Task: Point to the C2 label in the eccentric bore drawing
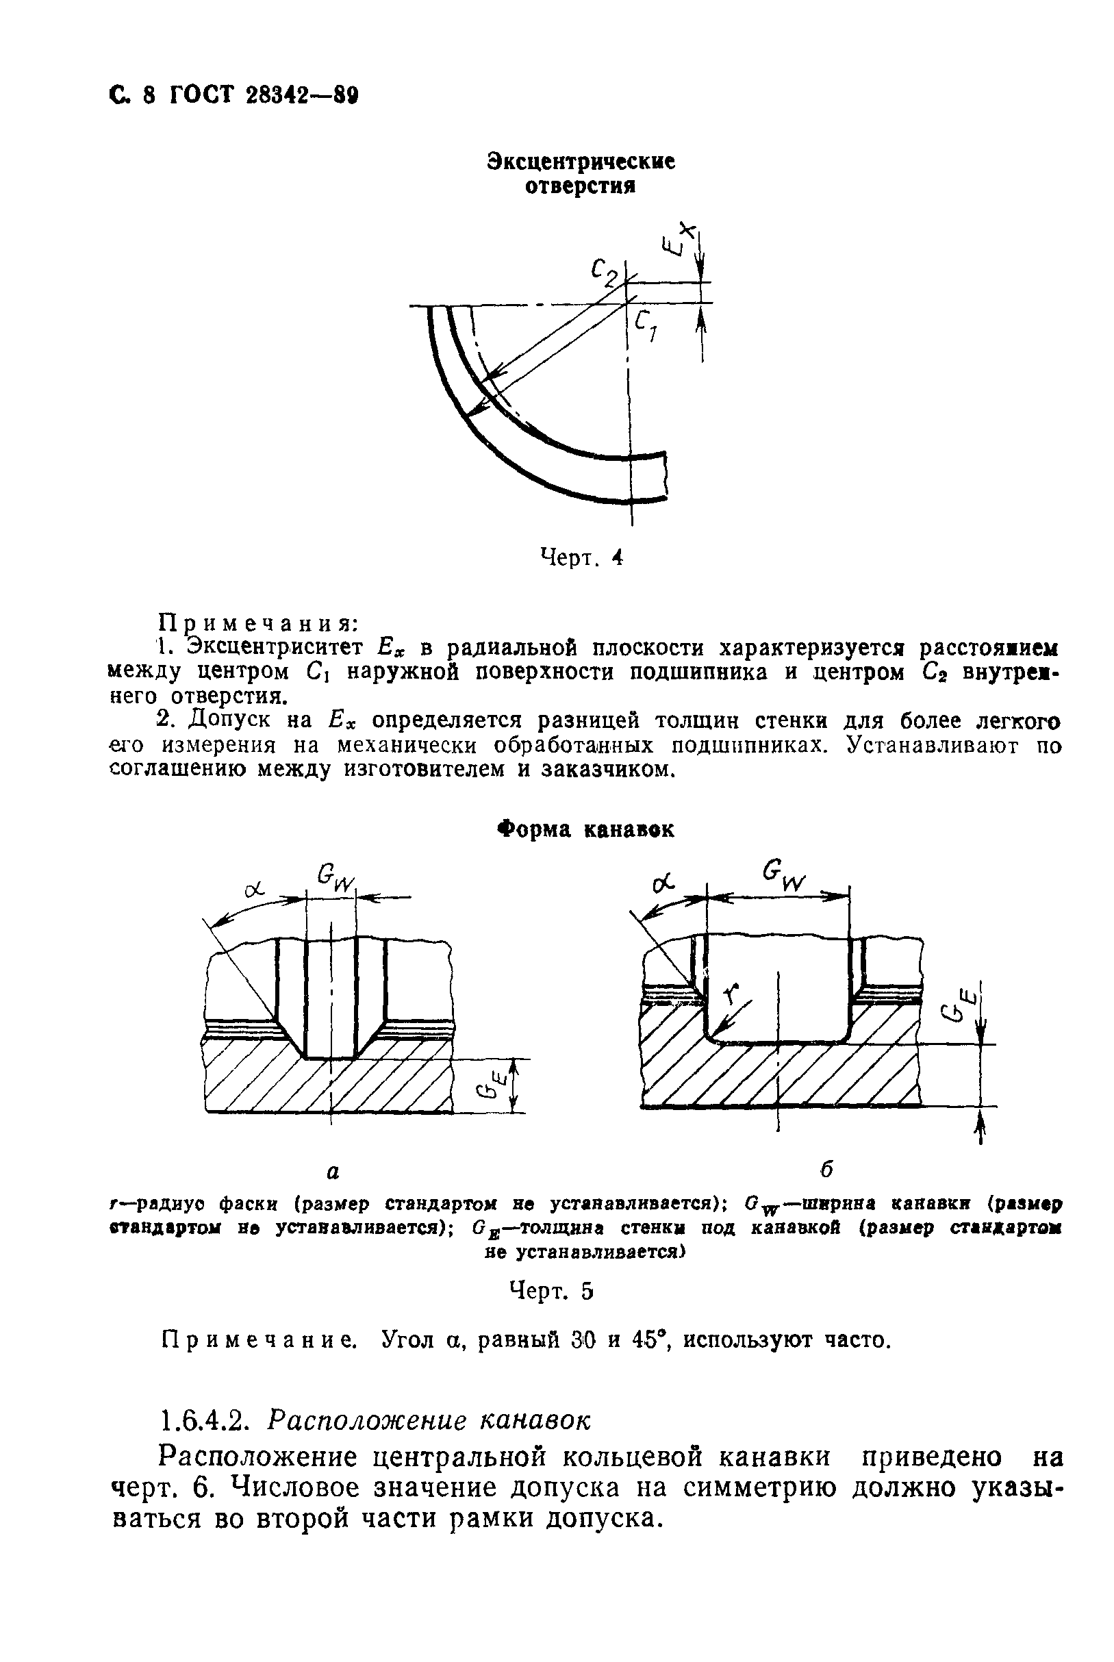point(604,272)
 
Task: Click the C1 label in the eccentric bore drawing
point(646,327)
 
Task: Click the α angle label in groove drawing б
point(662,885)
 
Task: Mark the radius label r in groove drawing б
point(734,993)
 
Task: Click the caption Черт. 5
point(550,1291)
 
